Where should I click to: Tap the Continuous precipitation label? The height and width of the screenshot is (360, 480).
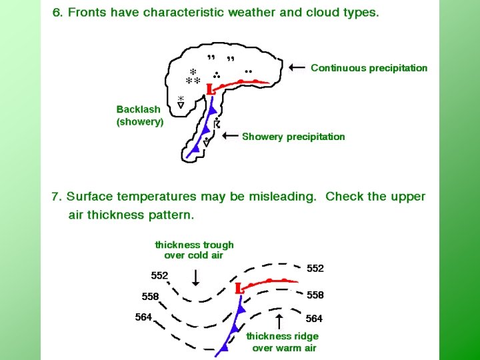coord(369,68)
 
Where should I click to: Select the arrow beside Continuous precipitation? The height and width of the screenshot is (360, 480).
coord(298,67)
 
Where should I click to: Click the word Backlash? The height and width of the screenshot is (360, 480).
coord(138,109)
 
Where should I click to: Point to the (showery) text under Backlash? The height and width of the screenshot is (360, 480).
coord(140,122)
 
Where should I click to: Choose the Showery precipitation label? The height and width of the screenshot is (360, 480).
coord(293,137)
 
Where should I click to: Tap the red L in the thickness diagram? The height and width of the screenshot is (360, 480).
coord(238,289)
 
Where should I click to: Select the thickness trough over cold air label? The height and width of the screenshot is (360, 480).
coord(194,250)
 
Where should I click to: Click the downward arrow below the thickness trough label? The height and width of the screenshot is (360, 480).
coord(195,276)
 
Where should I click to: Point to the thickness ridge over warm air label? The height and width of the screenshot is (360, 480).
coord(283,342)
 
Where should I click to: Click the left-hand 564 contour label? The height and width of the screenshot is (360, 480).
coord(144,317)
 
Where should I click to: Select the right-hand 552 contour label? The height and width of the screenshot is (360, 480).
coord(315,268)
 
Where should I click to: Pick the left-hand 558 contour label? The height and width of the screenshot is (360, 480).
coord(151,296)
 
